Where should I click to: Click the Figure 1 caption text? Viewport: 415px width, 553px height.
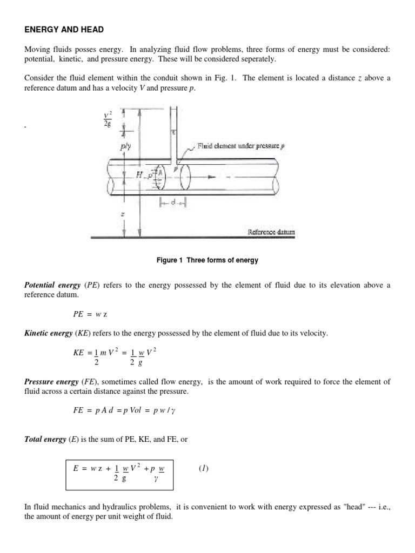(x=207, y=260)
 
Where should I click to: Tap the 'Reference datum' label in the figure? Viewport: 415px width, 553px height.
(x=271, y=232)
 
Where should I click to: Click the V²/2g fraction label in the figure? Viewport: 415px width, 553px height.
(x=107, y=118)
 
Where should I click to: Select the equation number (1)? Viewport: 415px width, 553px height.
(x=203, y=468)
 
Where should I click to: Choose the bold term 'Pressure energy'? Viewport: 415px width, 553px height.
(x=50, y=382)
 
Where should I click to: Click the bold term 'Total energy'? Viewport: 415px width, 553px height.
(x=45, y=439)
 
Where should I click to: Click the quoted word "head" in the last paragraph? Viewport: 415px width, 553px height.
(x=354, y=506)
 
